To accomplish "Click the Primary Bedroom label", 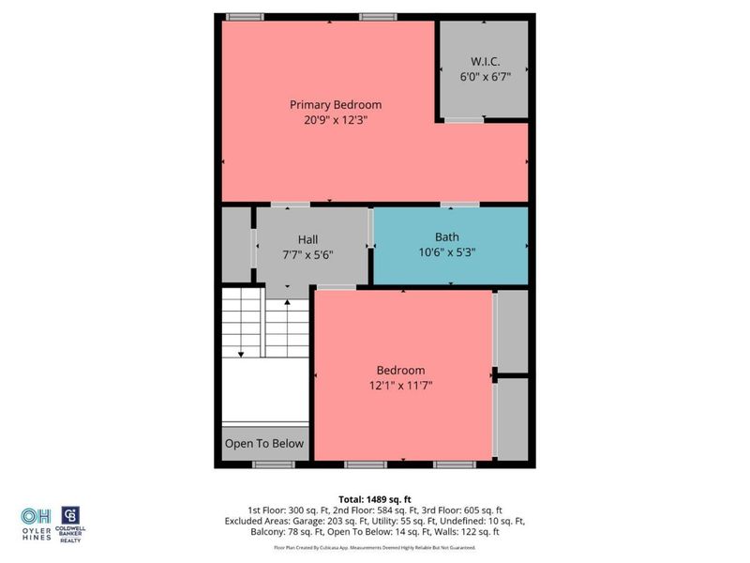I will click(x=335, y=104).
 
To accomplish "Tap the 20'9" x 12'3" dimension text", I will click(x=335, y=120).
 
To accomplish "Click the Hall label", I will click(x=307, y=239).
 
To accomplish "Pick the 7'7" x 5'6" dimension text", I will click(x=307, y=254).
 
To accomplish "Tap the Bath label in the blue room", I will click(x=447, y=237).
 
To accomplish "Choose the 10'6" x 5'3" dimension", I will click(x=447, y=252).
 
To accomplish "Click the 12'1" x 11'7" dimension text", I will click(x=400, y=385).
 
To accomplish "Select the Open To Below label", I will click(x=264, y=444).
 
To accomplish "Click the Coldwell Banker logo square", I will click(x=69, y=515).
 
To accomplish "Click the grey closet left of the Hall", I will click(x=235, y=244).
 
